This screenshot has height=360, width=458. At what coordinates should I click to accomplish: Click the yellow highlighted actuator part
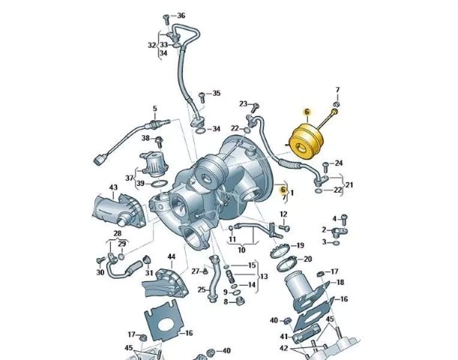tap(306, 142)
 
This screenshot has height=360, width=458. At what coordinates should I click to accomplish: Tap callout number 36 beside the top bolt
tap(181, 16)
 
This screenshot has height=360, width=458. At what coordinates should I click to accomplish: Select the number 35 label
tap(216, 93)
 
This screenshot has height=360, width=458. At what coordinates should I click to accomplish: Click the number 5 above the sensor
tap(155, 109)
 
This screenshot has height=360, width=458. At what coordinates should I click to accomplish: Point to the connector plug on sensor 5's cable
tap(99, 160)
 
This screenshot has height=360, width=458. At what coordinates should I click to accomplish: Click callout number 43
tap(113, 187)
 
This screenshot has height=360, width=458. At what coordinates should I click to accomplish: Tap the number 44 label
tap(172, 256)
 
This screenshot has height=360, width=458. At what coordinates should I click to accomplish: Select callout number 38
tap(145, 138)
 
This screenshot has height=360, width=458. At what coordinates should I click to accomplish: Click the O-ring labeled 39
tap(160, 184)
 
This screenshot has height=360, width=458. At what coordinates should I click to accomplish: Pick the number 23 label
tap(244, 103)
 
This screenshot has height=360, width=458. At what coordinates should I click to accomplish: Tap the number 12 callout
tap(283, 214)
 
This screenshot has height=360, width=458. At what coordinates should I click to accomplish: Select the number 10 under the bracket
tap(242, 250)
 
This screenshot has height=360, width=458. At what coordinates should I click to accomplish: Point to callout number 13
tap(264, 276)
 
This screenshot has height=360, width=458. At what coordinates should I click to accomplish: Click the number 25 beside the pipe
tap(202, 289)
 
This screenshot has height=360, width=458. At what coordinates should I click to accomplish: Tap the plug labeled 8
tap(241, 300)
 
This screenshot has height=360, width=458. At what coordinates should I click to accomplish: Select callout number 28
tap(117, 233)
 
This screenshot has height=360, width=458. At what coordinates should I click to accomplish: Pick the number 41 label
tap(284, 337)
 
